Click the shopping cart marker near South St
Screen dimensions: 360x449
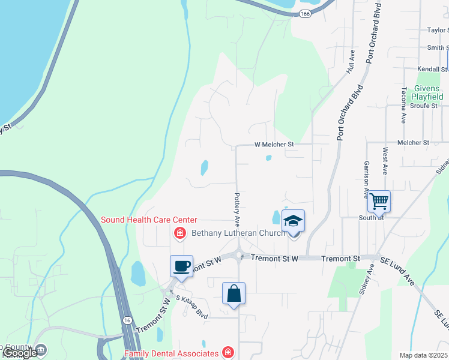(379, 202)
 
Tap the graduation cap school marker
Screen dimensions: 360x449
(293, 221)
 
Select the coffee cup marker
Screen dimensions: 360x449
(181, 265)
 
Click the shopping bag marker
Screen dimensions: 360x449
(234, 294)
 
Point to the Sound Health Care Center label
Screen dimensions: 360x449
(149, 220)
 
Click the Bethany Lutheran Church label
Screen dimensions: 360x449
(238, 233)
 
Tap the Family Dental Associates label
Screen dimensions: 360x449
(172, 353)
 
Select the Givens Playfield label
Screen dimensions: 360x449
(427, 92)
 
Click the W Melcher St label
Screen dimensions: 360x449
(274, 145)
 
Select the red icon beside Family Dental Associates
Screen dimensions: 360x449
(228, 352)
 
